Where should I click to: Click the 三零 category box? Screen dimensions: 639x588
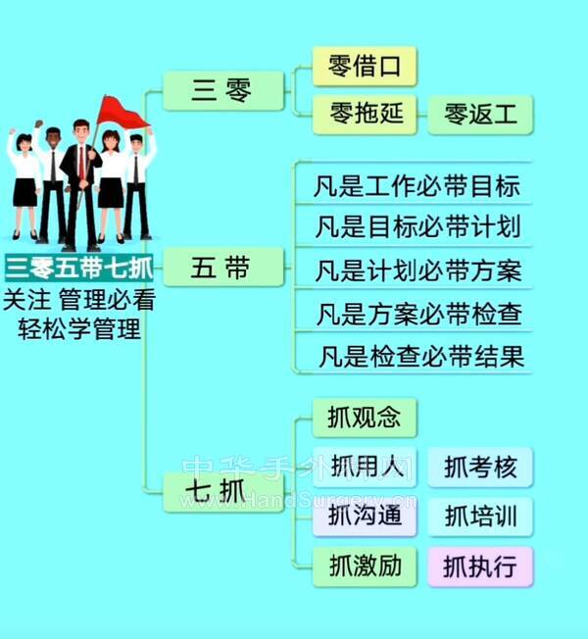click(x=222, y=92)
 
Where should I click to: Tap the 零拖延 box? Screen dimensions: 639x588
click(x=365, y=115)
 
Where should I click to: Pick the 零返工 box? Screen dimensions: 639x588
click(x=481, y=115)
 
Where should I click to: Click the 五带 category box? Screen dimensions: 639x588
click(x=222, y=267)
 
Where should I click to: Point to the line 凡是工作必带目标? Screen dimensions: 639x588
click(x=416, y=184)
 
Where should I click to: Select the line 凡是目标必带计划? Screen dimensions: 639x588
click(x=416, y=227)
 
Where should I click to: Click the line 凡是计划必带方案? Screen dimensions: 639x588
click(x=416, y=270)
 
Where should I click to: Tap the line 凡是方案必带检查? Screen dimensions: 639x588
click(x=416, y=314)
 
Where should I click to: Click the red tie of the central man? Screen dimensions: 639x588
click(x=81, y=163)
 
